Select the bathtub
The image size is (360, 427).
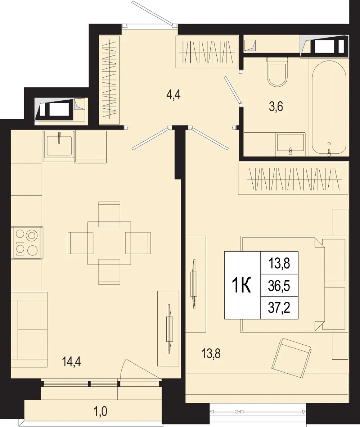tap(329, 108)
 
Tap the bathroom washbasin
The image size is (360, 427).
tap(290, 145)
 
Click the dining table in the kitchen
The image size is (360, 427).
tap(109, 243)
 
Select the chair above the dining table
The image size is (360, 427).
tap(109, 214)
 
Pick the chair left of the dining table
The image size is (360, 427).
tap(80, 243)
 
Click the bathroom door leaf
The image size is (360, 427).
tap(233, 90)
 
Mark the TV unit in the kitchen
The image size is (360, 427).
tap(168, 328)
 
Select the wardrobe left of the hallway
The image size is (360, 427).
tap(109, 79)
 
